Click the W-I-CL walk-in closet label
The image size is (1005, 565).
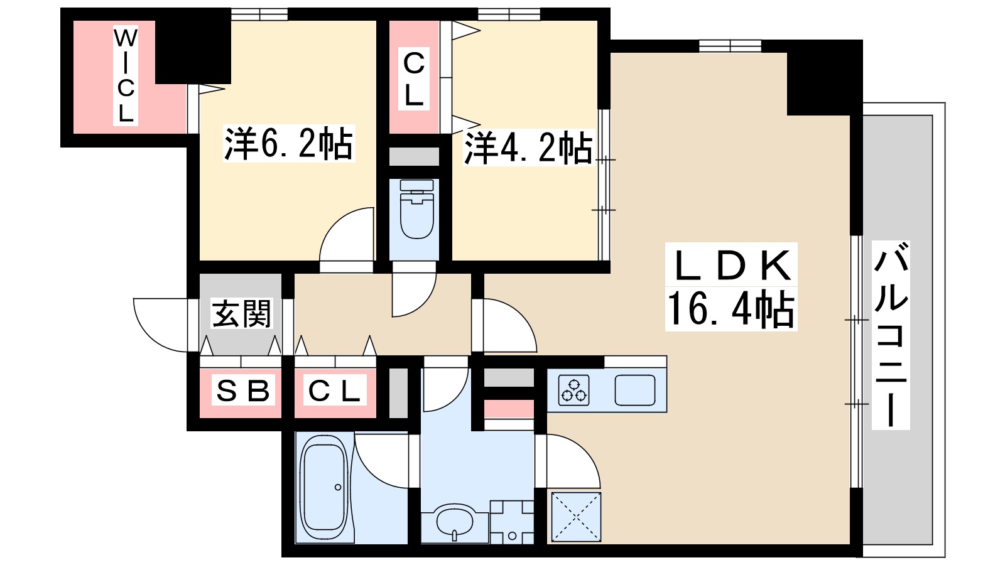(x=126, y=76)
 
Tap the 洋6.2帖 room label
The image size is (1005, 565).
(x=289, y=144)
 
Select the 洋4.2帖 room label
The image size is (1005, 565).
(x=528, y=148)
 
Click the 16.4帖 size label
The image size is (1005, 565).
(x=731, y=309)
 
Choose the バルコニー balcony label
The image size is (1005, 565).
(x=891, y=336)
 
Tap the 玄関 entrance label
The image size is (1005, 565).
(x=242, y=313)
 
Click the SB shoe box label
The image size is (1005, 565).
(x=242, y=391)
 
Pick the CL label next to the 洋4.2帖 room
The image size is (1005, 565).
(x=414, y=78)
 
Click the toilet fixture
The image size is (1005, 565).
(x=416, y=210)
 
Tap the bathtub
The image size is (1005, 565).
(x=323, y=487)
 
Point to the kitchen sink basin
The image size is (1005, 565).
(x=634, y=390)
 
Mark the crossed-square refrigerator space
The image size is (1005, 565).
(x=576, y=517)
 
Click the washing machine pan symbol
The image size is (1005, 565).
(x=512, y=521)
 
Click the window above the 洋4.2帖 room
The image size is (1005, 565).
(x=509, y=14)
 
